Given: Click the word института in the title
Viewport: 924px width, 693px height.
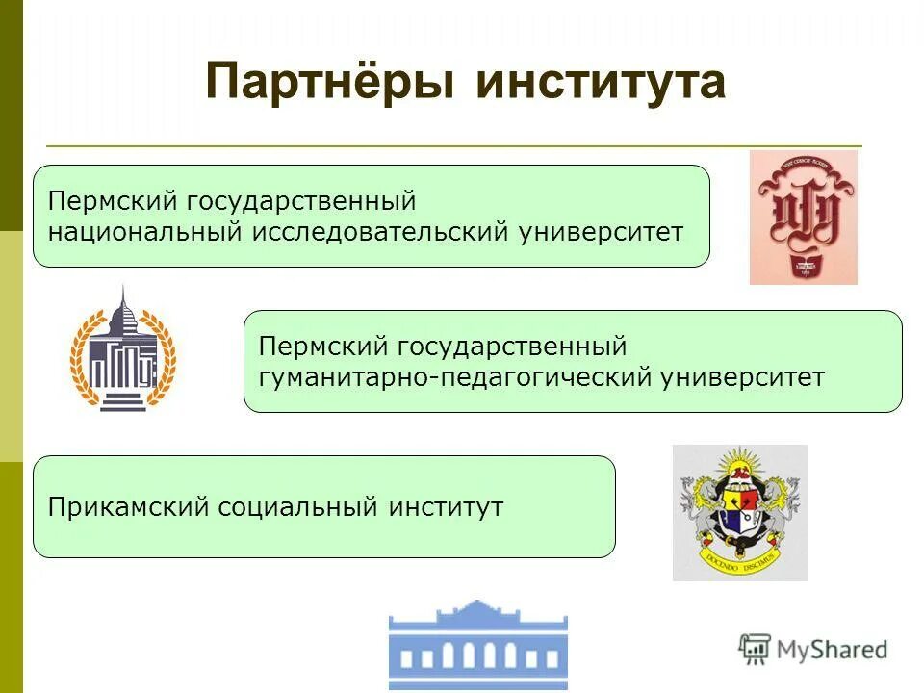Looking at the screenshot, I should pos(600,83).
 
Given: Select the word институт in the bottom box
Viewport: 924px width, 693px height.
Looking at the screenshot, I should pos(446,506).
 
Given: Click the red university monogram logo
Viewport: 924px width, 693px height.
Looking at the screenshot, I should pos(803,217).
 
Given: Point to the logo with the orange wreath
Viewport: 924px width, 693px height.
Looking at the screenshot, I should pos(122,353).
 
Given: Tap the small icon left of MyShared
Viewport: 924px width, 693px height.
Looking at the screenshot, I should pos(755,649).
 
